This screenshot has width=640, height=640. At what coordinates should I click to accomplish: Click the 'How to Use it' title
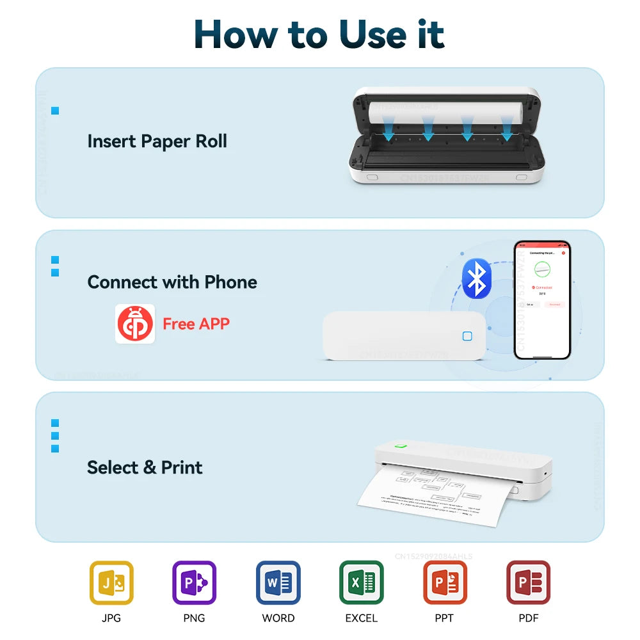tap(319, 34)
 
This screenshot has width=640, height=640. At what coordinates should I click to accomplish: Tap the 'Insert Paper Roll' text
tap(157, 141)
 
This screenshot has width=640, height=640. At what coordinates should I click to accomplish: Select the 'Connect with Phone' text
tap(172, 282)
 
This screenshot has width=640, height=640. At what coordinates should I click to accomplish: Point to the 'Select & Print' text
tap(145, 467)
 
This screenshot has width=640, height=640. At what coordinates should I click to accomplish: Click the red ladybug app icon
tap(135, 324)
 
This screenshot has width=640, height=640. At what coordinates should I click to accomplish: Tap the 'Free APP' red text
tap(196, 324)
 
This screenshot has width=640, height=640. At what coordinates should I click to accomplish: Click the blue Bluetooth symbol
tap(476, 278)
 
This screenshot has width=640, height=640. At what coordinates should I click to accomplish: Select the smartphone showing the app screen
tap(541, 300)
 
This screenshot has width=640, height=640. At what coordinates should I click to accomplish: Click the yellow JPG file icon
tap(111, 583)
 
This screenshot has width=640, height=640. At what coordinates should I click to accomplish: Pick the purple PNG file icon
tap(195, 583)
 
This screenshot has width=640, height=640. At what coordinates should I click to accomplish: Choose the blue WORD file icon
tap(278, 583)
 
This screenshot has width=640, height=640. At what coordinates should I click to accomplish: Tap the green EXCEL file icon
tap(362, 583)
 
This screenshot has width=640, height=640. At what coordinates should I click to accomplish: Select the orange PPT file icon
tap(445, 583)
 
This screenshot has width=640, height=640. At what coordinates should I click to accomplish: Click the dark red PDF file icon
tap(528, 583)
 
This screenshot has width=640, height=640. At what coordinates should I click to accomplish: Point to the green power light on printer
tap(401, 446)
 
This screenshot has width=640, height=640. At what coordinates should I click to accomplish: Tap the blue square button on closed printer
tap(467, 337)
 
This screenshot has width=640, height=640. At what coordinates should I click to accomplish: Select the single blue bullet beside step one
tap(55, 111)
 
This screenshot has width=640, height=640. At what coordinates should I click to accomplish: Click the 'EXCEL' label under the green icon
tap(362, 618)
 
